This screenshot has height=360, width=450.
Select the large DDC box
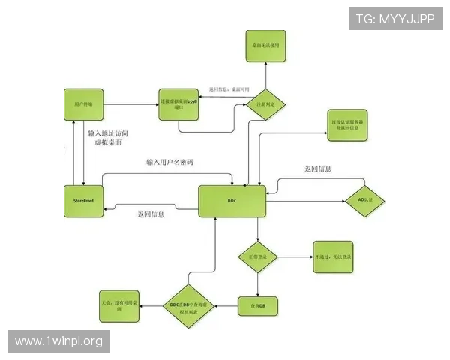click(x=232, y=201)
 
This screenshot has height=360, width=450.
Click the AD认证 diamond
click(x=366, y=201)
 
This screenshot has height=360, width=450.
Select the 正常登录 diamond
click(x=258, y=257)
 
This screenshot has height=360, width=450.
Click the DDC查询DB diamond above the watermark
click(x=190, y=306)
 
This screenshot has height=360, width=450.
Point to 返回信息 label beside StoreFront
click(x=151, y=215)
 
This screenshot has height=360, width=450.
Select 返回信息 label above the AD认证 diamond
click(x=318, y=169)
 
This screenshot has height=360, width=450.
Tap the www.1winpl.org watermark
click(x=59, y=342)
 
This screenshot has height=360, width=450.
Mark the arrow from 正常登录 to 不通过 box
click(x=294, y=257)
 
